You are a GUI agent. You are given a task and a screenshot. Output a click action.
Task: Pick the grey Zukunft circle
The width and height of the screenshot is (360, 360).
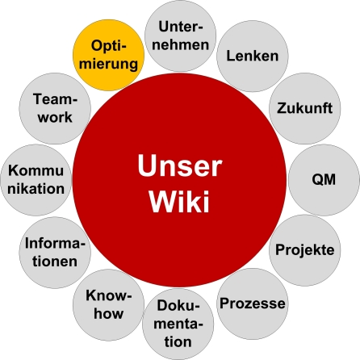coord(304,107)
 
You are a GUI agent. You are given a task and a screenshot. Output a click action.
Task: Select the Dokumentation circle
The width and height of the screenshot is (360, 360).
coord(179,323)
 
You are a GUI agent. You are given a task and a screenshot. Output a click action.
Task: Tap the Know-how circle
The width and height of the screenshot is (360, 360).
coord(108,303)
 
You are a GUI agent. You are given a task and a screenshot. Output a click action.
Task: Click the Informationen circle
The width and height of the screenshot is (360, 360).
coord(52,250)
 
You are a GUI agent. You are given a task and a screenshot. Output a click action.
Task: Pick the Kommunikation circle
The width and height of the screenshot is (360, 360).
coord(36,179)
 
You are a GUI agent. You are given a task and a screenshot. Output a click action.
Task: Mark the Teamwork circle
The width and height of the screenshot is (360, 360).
coord(53,107)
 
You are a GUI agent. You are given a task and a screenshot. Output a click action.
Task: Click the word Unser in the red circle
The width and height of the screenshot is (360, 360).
coord(178,166)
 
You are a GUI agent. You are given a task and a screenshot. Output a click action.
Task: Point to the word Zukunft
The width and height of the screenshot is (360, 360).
coord(304,107)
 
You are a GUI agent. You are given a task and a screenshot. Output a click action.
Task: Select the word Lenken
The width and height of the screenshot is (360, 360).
coord(252,56)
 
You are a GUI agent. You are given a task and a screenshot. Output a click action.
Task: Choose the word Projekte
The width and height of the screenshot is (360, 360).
coord(305,249)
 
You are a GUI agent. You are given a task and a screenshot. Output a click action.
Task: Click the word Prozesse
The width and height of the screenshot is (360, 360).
coord(253,303)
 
